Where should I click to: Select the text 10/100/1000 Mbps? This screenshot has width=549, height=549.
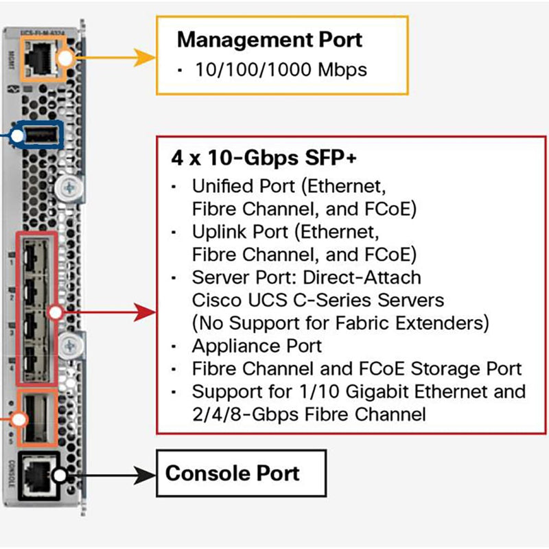(x=281, y=69)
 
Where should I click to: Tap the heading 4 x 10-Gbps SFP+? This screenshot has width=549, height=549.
(x=264, y=158)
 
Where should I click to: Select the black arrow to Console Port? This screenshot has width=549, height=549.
(x=110, y=474)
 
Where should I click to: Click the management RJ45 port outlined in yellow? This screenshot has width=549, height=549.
(x=40, y=59)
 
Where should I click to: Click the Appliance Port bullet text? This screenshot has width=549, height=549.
(x=257, y=345)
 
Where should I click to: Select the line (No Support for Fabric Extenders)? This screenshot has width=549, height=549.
(x=340, y=322)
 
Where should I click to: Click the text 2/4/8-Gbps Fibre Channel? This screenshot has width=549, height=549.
(x=309, y=414)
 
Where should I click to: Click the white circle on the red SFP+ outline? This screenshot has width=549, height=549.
(x=57, y=313)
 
